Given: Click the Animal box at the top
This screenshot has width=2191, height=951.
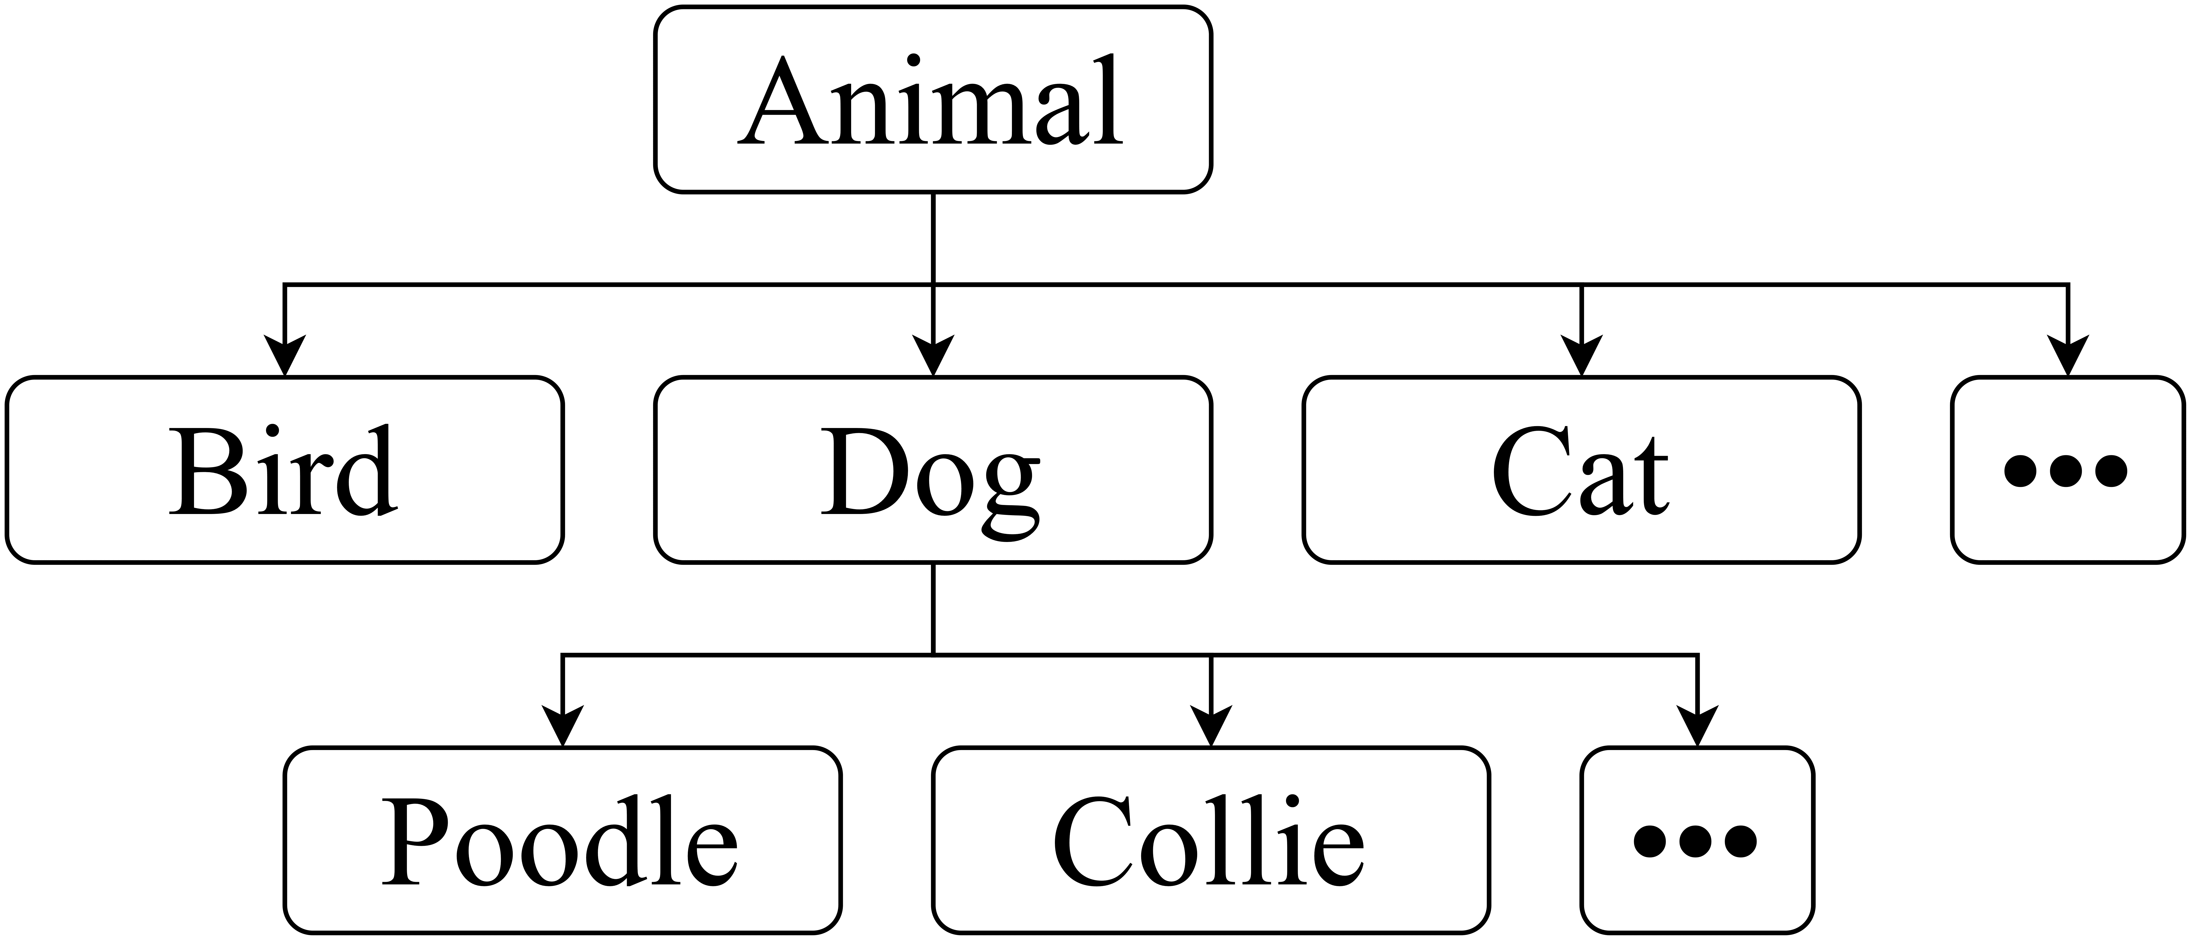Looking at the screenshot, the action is click(933, 99).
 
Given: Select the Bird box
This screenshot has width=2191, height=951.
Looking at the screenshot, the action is click(284, 470).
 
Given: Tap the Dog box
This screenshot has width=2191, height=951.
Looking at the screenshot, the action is click(933, 470).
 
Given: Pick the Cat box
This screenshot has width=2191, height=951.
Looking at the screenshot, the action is click(1581, 470).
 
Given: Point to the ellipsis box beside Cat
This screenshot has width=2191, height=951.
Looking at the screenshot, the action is click(2068, 470).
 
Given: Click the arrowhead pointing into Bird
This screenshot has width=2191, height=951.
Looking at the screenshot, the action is click(284, 356).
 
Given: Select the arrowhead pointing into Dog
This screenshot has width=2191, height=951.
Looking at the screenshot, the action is click(933, 356).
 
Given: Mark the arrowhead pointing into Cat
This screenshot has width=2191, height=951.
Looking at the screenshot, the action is click(1581, 356).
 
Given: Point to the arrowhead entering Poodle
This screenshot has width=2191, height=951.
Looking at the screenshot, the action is click(562, 726).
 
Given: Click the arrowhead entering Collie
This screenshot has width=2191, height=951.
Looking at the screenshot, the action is click(1211, 726).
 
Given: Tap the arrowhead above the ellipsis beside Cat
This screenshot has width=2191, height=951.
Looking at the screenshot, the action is click(2068, 356).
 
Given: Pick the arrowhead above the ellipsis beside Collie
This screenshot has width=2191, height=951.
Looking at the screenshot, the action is click(1697, 726).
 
